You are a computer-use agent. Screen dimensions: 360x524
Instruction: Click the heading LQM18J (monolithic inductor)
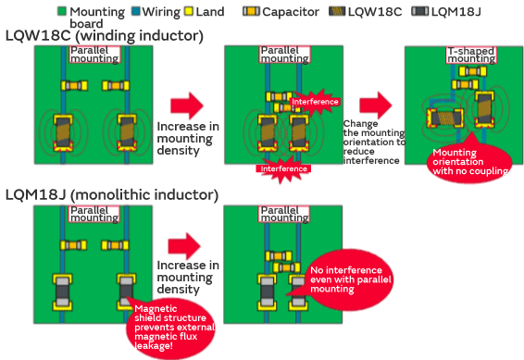111,195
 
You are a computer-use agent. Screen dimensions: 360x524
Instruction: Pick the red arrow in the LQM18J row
185,245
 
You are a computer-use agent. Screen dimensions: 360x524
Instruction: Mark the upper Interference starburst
316,102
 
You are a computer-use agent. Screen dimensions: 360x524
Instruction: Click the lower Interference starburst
282,168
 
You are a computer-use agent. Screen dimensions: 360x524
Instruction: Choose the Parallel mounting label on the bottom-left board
94,214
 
